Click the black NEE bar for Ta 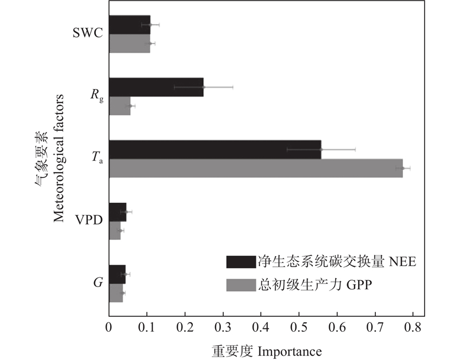pyautogui.click(x=215, y=149)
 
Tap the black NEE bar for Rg pyautogui.click(x=156, y=87)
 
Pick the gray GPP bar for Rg pyautogui.click(x=119, y=106)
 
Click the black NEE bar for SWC pyautogui.click(x=130, y=25)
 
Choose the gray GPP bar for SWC pyautogui.click(x=130, y=44)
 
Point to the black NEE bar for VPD pyautogui.click(x=118, y=212)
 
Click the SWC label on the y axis pyautogui.click(x=88, y=33)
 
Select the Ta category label pyautogui.click(x=96, y=158)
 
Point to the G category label pyautogui.click(x=98, y=283)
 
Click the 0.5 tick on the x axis pyautogui.click(x=299, y=328)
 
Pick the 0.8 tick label pyautogui.click(x=413, y=328)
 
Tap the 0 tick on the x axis pyautogui.click(x=109, y=328)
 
